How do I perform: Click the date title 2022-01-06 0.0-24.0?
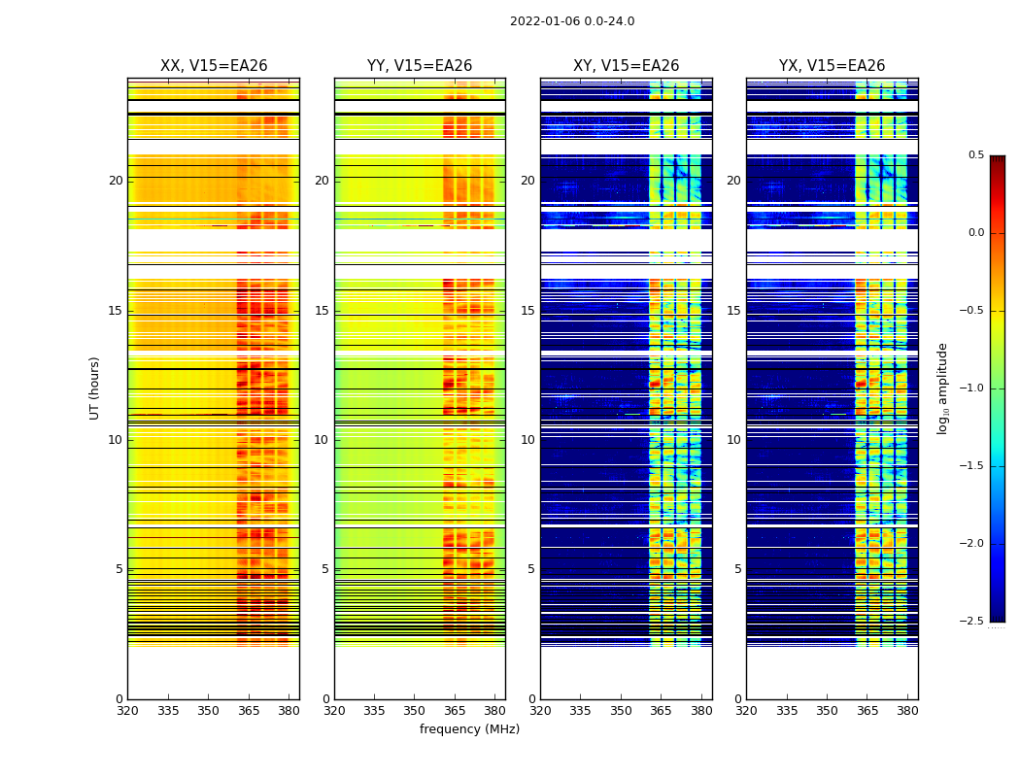coord(572,21)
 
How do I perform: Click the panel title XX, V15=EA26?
coord(214,66)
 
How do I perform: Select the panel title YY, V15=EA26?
coord(420,66)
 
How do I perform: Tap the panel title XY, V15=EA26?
coord(626,66)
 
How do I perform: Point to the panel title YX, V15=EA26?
coord(832,66)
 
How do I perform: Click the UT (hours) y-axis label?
coord(95,388)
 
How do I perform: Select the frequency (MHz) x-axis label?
coord(469,729)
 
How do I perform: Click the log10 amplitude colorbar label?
coord(942,388)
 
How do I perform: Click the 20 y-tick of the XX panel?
coord(116,181)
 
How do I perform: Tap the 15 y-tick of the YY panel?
coord(322,311)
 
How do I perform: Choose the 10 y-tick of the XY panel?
coord(527,440)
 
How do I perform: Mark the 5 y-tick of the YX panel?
coord(737,569)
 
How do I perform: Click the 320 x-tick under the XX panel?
coord(127,710)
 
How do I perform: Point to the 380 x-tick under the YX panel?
coord(907,710)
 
